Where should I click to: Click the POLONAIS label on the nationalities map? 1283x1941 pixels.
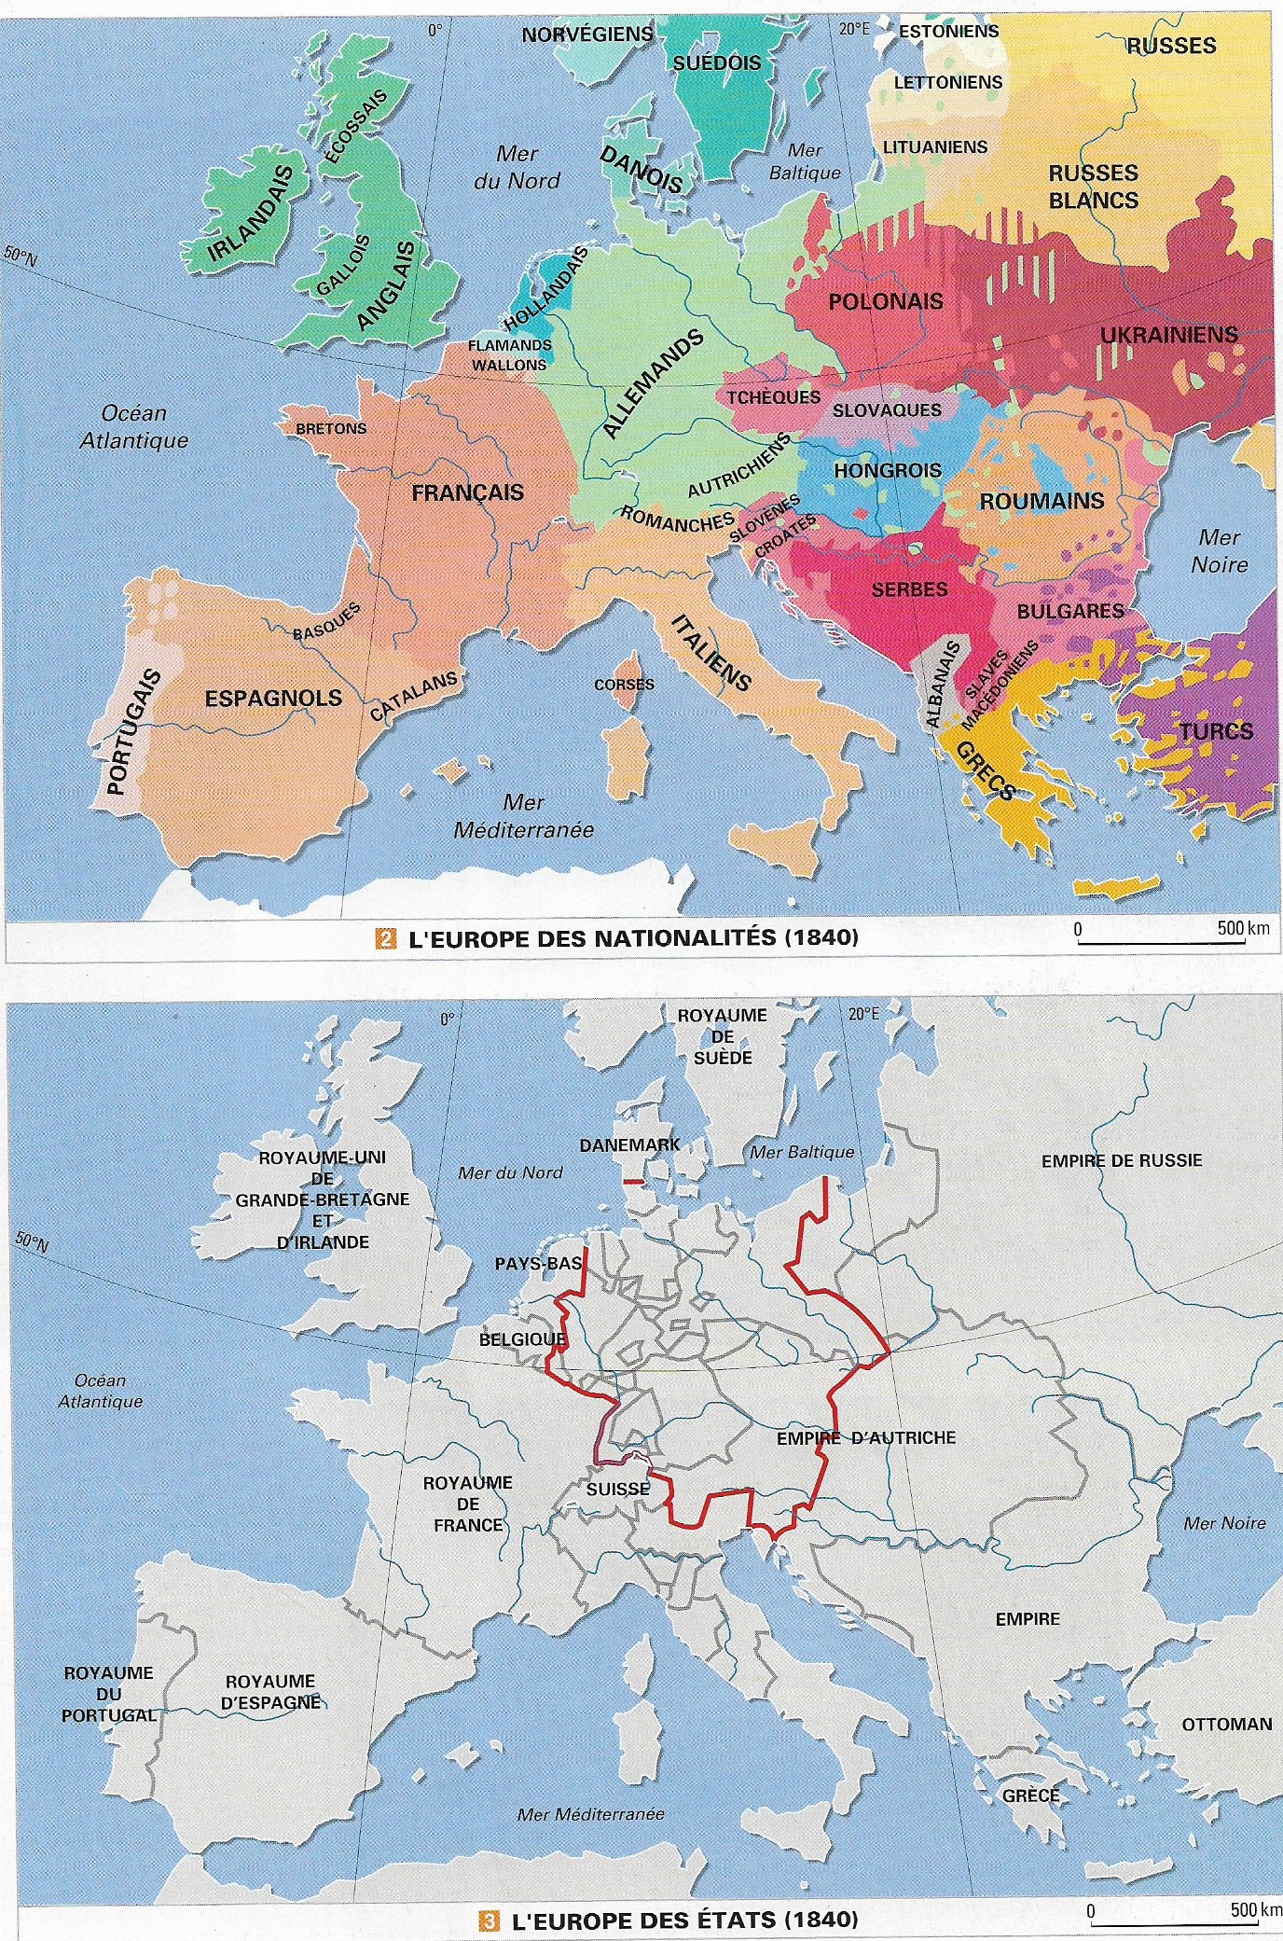(x=886, y=301)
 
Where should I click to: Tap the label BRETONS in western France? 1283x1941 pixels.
(x=331, y=429)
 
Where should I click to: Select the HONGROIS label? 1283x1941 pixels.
(x=888, y=471)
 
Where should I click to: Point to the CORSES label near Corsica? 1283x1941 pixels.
(x=624, y=685)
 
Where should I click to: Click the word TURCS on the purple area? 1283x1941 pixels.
(x=1216, y=731)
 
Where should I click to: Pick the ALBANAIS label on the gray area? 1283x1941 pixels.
(x=943, y=685)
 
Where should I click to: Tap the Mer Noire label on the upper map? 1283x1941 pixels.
(x=1220, y=551)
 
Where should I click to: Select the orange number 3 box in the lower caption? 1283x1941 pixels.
(x=488, y=1920)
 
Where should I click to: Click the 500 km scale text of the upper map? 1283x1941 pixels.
(x=1243, y=928)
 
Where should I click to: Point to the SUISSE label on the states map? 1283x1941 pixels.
(x=618, y=1490)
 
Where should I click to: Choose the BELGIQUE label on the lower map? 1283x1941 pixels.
(x=522, y=1339)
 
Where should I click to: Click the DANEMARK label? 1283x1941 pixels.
(x=629, y=1144)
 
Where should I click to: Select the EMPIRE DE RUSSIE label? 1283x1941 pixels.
(x=1122, y=1160)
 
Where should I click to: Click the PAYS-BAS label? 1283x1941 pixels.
(x=538, y=1264)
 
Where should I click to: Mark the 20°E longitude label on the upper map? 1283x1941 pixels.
(x=853, y=29)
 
